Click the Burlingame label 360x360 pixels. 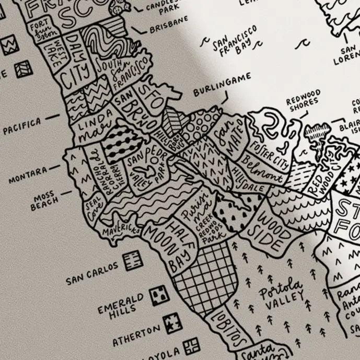click(222, 85)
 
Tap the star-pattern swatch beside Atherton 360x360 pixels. click(171, 327)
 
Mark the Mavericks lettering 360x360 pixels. click(121, 229)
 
